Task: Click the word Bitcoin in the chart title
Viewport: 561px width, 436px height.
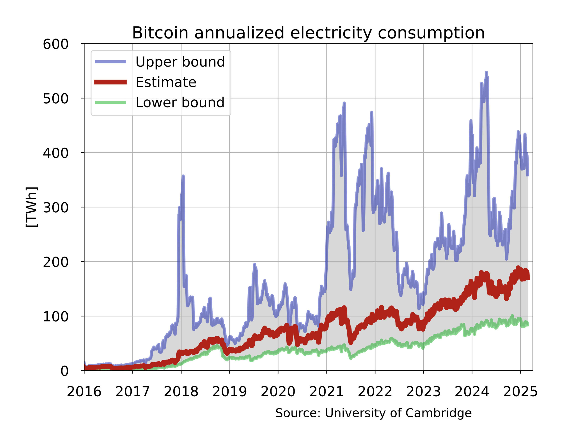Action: (160, 33)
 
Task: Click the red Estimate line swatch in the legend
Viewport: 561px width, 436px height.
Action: (110, 82)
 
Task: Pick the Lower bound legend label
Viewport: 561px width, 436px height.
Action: (180, 102)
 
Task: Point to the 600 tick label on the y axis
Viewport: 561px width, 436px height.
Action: (55, 44)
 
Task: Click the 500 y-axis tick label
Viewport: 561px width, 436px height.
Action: (55, 99)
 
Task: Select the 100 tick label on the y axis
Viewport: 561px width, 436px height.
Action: (55, 316)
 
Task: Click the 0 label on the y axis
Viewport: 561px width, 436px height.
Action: (64, 371)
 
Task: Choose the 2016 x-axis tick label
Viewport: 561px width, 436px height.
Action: (84, 392)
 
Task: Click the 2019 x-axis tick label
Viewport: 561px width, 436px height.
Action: (229, 392)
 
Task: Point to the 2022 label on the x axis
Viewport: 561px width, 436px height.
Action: (375, 392)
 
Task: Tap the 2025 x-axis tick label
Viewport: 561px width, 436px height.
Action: (520, 392)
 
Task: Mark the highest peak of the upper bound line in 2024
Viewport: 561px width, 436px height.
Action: (486, 73)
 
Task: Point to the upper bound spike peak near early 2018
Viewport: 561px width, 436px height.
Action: (183, 176)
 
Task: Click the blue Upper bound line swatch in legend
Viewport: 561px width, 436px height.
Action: (110, 62)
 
